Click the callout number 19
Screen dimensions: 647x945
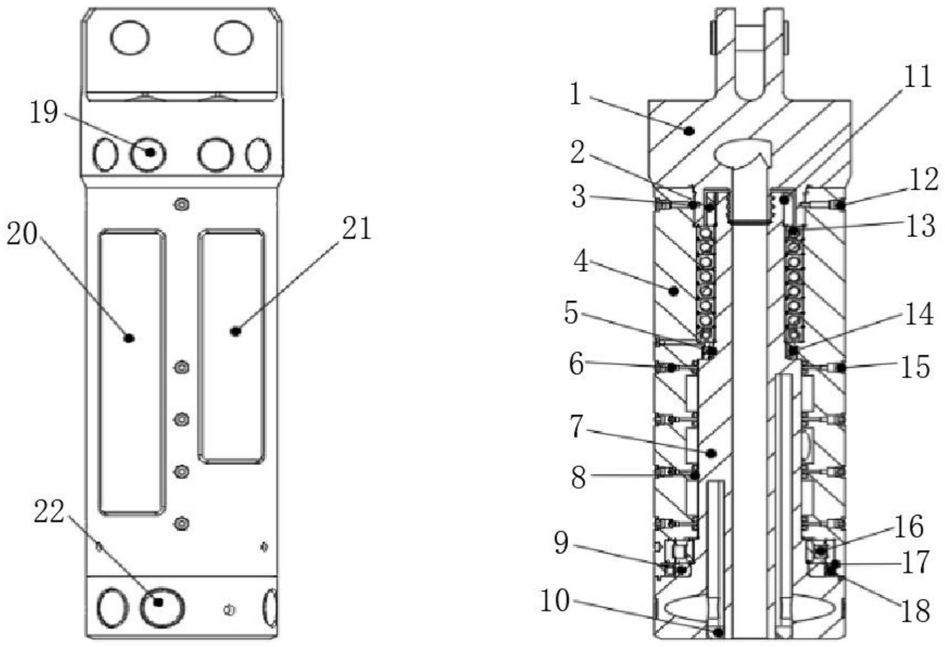[44, 113]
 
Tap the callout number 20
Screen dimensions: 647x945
[22, 234]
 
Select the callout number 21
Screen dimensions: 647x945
[357, 228]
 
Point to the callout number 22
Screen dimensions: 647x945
[49, 512]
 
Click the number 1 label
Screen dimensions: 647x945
[576, 93]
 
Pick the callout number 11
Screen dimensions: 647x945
[917, 77]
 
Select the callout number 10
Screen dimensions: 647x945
[555, 601]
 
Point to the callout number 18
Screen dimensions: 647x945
[915, 611]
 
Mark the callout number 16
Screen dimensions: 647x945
[909, 527]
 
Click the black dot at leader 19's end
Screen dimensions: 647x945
[150, 152]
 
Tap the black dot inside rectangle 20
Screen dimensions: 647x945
[129, 338]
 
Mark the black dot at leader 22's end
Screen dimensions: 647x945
[158, 602]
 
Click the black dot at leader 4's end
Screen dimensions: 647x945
[674, 291]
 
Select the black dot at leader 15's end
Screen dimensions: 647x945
[840, 367]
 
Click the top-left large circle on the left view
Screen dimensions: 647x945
[130, 38]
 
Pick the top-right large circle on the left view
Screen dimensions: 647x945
[234, 38]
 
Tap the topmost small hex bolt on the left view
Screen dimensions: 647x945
[182, 204]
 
